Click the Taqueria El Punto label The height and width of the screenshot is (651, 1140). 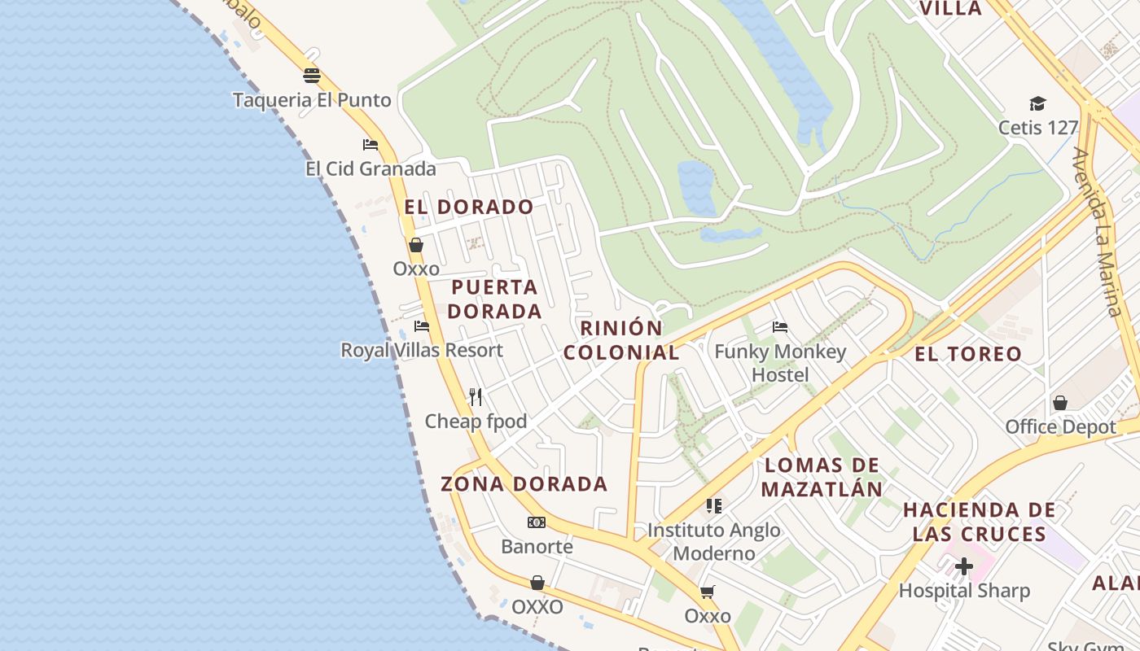312,100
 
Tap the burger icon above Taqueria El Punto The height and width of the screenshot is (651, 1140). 312,76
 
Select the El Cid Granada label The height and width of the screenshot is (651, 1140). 370,168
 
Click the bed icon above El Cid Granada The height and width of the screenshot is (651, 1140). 370,145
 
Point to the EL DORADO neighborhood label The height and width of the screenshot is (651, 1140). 469,207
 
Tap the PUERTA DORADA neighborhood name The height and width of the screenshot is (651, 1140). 494,299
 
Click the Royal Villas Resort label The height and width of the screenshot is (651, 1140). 422,350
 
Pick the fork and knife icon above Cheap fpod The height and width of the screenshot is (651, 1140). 476,397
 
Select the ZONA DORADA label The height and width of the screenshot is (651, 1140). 524,483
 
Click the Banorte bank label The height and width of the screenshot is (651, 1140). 537,546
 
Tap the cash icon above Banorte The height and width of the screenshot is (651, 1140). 537,522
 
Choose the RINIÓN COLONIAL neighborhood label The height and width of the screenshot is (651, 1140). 621,340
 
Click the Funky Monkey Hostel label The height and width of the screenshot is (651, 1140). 780,363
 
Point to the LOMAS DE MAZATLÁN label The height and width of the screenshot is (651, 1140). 823,477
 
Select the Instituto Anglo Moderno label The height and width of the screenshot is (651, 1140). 713,541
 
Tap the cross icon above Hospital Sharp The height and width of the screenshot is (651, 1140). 964,566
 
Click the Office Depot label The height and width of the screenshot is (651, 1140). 1060,426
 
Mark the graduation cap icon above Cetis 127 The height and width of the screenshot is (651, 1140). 1037,104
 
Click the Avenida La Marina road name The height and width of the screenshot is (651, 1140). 1098,232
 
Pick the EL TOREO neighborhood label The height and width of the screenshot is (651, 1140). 968,353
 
